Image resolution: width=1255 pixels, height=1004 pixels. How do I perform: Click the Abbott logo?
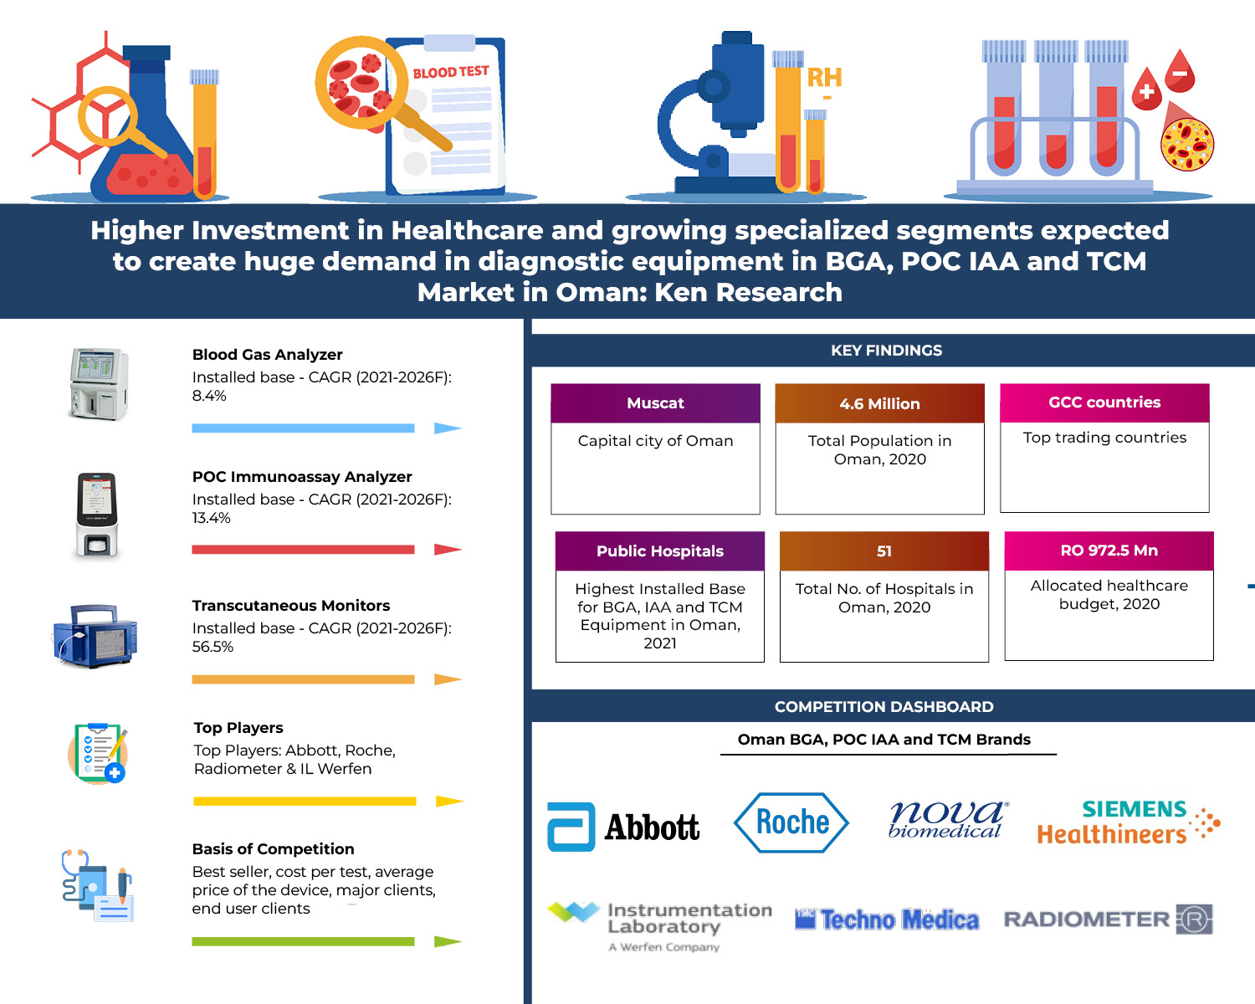tap(623, 827)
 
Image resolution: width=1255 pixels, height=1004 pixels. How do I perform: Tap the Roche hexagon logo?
tap(791, 822)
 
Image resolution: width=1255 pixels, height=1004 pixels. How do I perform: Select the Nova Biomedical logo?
tap(948, 820)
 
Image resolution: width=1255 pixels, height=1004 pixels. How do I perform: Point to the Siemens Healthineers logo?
tap(1129, 822)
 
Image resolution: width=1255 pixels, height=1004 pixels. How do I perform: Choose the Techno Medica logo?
tap(887, 920)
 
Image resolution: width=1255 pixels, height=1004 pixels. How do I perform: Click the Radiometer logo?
tap(1108, 919)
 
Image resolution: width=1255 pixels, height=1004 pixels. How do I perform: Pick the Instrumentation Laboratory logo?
tap(659, 926)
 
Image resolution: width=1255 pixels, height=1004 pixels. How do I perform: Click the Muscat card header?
tap(655, 403)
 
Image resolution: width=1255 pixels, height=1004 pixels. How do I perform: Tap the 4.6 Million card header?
tap(879, 403)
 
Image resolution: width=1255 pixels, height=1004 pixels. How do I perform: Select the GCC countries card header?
tap(1104, 402)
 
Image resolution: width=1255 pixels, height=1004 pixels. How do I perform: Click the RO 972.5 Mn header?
tap(1109, 551)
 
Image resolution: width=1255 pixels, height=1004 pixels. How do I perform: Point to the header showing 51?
tap(884, 551)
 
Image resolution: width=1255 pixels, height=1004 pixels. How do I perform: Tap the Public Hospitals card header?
tap(659, 551)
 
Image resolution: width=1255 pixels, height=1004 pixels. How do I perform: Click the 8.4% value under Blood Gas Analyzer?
tap(209, 396)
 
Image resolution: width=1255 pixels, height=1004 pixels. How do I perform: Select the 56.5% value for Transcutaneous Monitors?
tap(213, 647)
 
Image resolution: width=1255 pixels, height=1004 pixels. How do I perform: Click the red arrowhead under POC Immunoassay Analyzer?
tap(448, 550)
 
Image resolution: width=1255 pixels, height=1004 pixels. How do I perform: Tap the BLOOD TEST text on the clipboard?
tap(451, 72)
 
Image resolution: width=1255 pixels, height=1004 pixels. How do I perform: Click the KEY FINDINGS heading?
tap(886, 350)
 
